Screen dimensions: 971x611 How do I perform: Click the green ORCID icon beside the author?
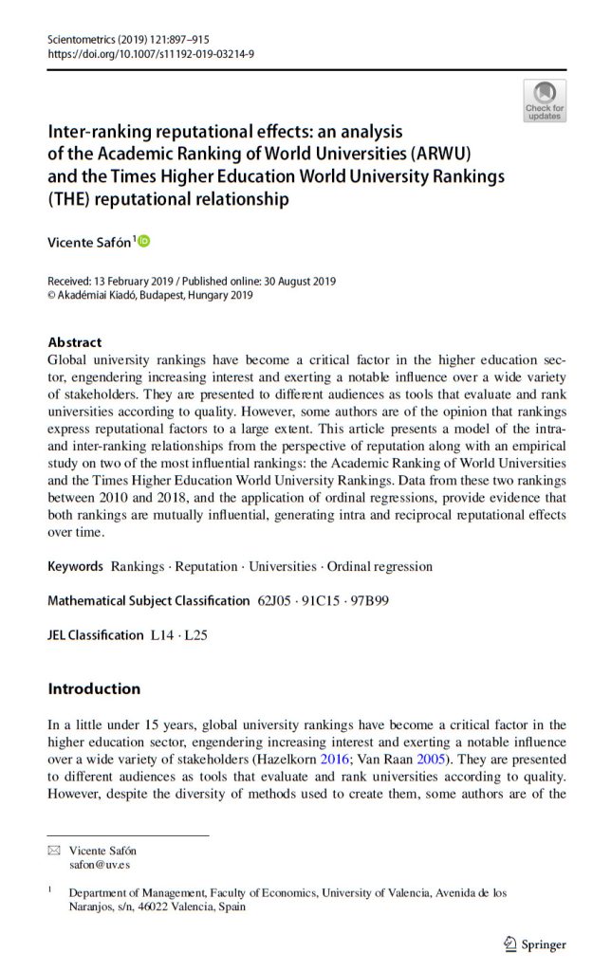click(144, 242)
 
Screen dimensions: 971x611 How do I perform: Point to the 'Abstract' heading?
click(74, 342)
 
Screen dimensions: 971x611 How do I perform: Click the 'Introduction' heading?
click(94, 688)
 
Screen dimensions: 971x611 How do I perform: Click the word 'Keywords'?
click(75, 566)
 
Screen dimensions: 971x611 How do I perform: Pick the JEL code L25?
click(195, 635)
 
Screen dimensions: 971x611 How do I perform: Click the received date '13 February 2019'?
click(138, 282)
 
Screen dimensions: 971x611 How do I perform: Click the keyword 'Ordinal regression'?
click(380, 566)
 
